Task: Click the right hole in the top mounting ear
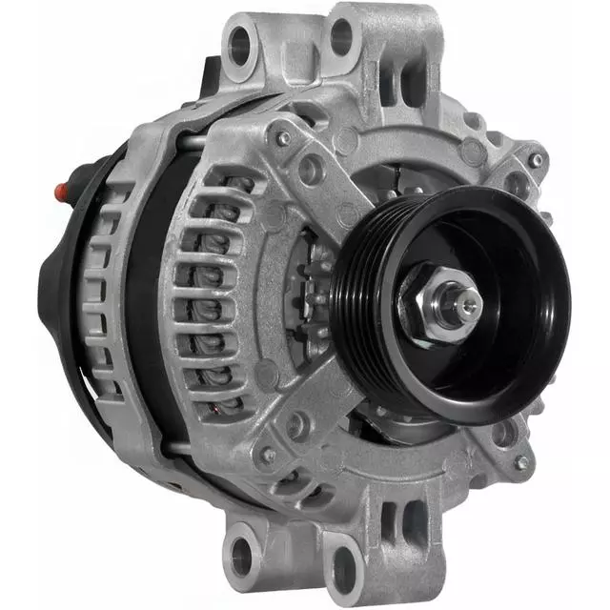(x=340, y=38)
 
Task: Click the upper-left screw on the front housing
(x=283, y=138)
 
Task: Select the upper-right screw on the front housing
(x=537, y=160)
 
